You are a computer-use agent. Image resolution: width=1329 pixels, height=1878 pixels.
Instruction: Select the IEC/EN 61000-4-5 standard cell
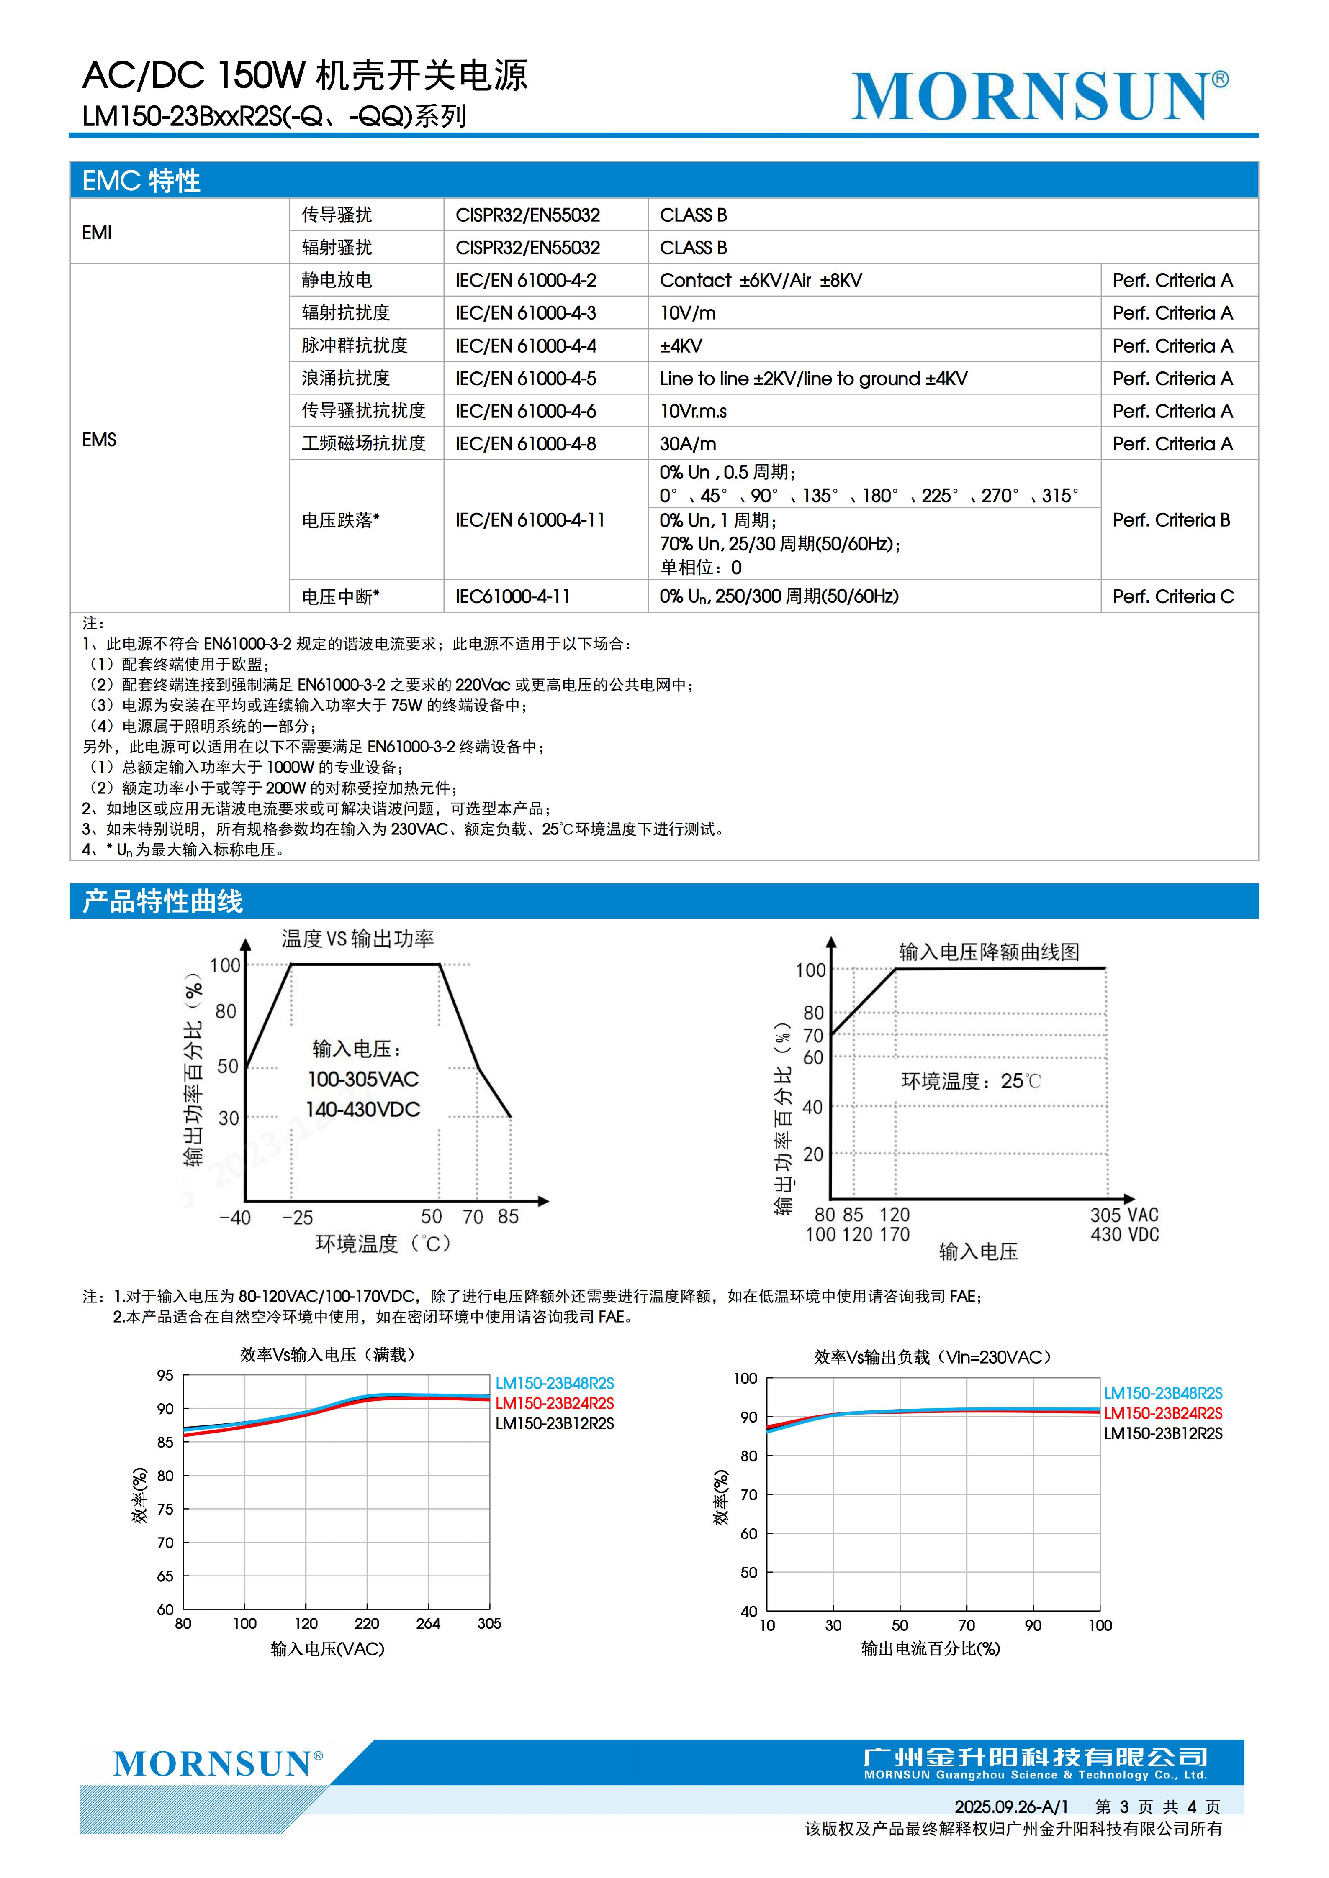525,379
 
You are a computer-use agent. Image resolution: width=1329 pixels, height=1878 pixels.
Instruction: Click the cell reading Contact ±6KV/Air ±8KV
760,281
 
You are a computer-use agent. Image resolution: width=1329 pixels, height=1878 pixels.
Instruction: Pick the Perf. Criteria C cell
1172,596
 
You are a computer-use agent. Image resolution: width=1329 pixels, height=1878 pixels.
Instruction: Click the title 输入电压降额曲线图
990,952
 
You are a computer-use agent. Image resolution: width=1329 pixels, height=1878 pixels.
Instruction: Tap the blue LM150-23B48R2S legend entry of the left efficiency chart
554,1383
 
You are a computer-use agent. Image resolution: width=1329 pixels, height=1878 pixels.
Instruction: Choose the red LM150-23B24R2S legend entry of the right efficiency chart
1163,1413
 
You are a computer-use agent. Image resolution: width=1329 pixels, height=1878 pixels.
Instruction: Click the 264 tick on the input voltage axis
428,1624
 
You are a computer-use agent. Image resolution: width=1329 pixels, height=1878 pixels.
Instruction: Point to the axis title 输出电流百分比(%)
931,1649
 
